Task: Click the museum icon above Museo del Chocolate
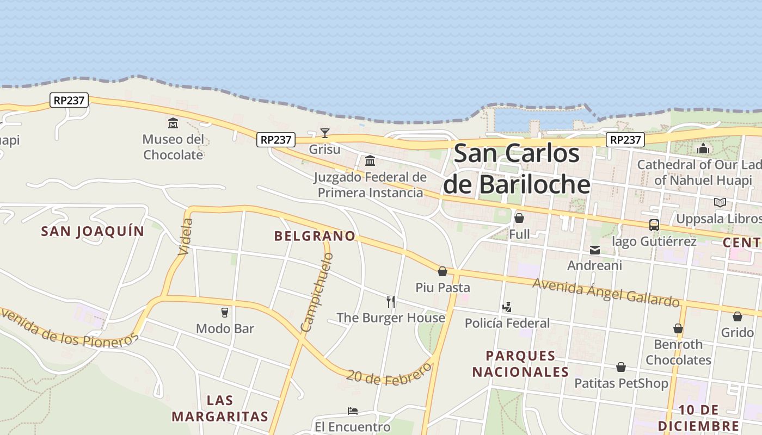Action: [x=173, y=123]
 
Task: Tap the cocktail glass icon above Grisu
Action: [x=325, y=133]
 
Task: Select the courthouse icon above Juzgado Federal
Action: [x=370, y=160]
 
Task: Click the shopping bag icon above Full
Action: [x=519, y=218]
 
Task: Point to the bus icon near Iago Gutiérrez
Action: [x=654, y=225]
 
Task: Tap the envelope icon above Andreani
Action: [x=595, y=250]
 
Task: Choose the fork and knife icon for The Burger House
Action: [x=390, y=301]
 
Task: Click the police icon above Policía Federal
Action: [x=507, y=307]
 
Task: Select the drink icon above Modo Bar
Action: [x=225, y=313]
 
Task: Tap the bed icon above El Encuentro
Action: [x=353, y=411]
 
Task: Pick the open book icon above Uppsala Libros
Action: [x=720, y=203]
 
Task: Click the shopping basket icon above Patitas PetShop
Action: [x=621, y=368]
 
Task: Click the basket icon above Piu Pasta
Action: [x=443, y=271]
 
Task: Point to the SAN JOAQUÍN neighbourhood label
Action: [x=93, y=231]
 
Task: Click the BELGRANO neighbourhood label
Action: [x=315, y=236]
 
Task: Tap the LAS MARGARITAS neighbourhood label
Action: [x=220, y=409]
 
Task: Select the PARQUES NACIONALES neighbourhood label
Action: [x=520, y=364]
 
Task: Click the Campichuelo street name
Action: [x=317, y=292]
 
